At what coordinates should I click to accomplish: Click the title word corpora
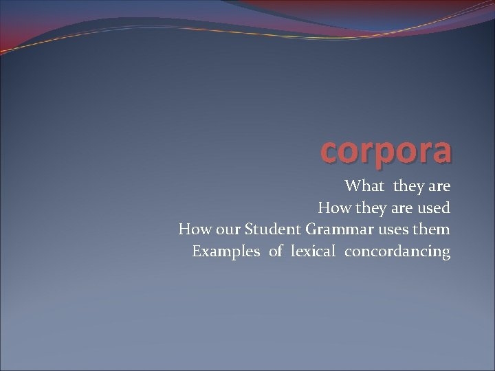pyautogui.click(x=386, y=151)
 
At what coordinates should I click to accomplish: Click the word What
pyautogui.click(x=364, y=185)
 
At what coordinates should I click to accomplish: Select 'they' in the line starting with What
pyautogui.click(x=409, y=186)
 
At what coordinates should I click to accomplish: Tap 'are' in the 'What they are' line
pyautogui.click(x=439, y=186)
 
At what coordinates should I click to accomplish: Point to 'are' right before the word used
pyautogui.click(x=399, y=208)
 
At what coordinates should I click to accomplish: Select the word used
pyautogui.click(x=434, y=207)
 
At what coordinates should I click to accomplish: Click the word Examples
pyautogui.click(x=226, y=251)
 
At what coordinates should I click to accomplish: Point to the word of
pyautogui.click(x=276, y=251)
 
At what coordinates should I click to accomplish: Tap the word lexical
pyautogui.click(x=313, y=251)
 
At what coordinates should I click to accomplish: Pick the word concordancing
pyautogui.click(x=397, y=251)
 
